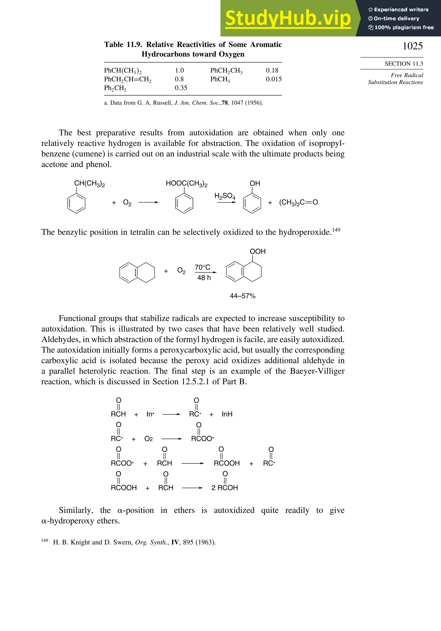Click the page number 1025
(x=412, y=46)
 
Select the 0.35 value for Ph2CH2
(x=181, y=88)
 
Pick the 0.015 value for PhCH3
(x=274, y=79)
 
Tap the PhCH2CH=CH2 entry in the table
(x=128, y=79)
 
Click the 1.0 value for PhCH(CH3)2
(x=179, y=70)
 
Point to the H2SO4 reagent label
(x=225, y=196)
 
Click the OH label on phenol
(x=255, y=183)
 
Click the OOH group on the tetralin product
(x=257, y=251)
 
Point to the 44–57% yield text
(x=243, y=296)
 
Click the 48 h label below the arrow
(x=204, y=278)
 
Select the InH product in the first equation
(x=227, y=414)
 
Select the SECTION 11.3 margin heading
(x=404, y=64)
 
